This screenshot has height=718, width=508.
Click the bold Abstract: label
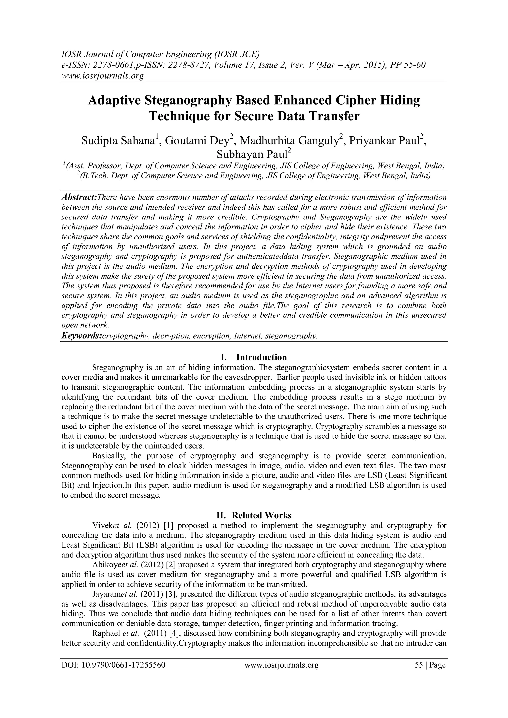pyautogui.click(x=79, y=198)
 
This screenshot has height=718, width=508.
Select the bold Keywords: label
pyautogui.click(x=82, y=336)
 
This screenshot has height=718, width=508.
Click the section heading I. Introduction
pyautogui.click(x=254, y=357)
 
